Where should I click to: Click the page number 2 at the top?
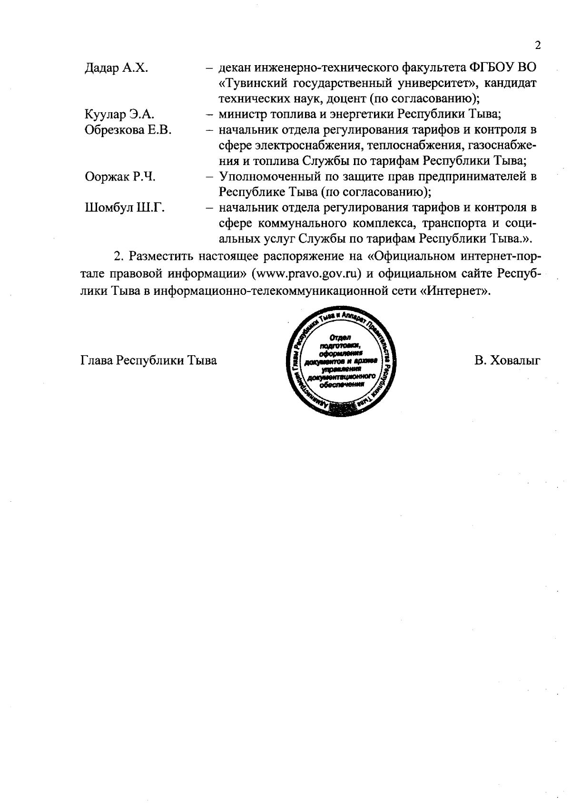538,46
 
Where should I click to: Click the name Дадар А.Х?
116,68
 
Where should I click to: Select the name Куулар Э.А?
119,115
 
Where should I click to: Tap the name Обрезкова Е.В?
128,130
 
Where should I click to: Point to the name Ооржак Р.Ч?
120,177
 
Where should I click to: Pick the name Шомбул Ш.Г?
125,208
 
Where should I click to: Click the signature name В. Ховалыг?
507,360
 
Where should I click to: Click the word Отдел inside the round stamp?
339,338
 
